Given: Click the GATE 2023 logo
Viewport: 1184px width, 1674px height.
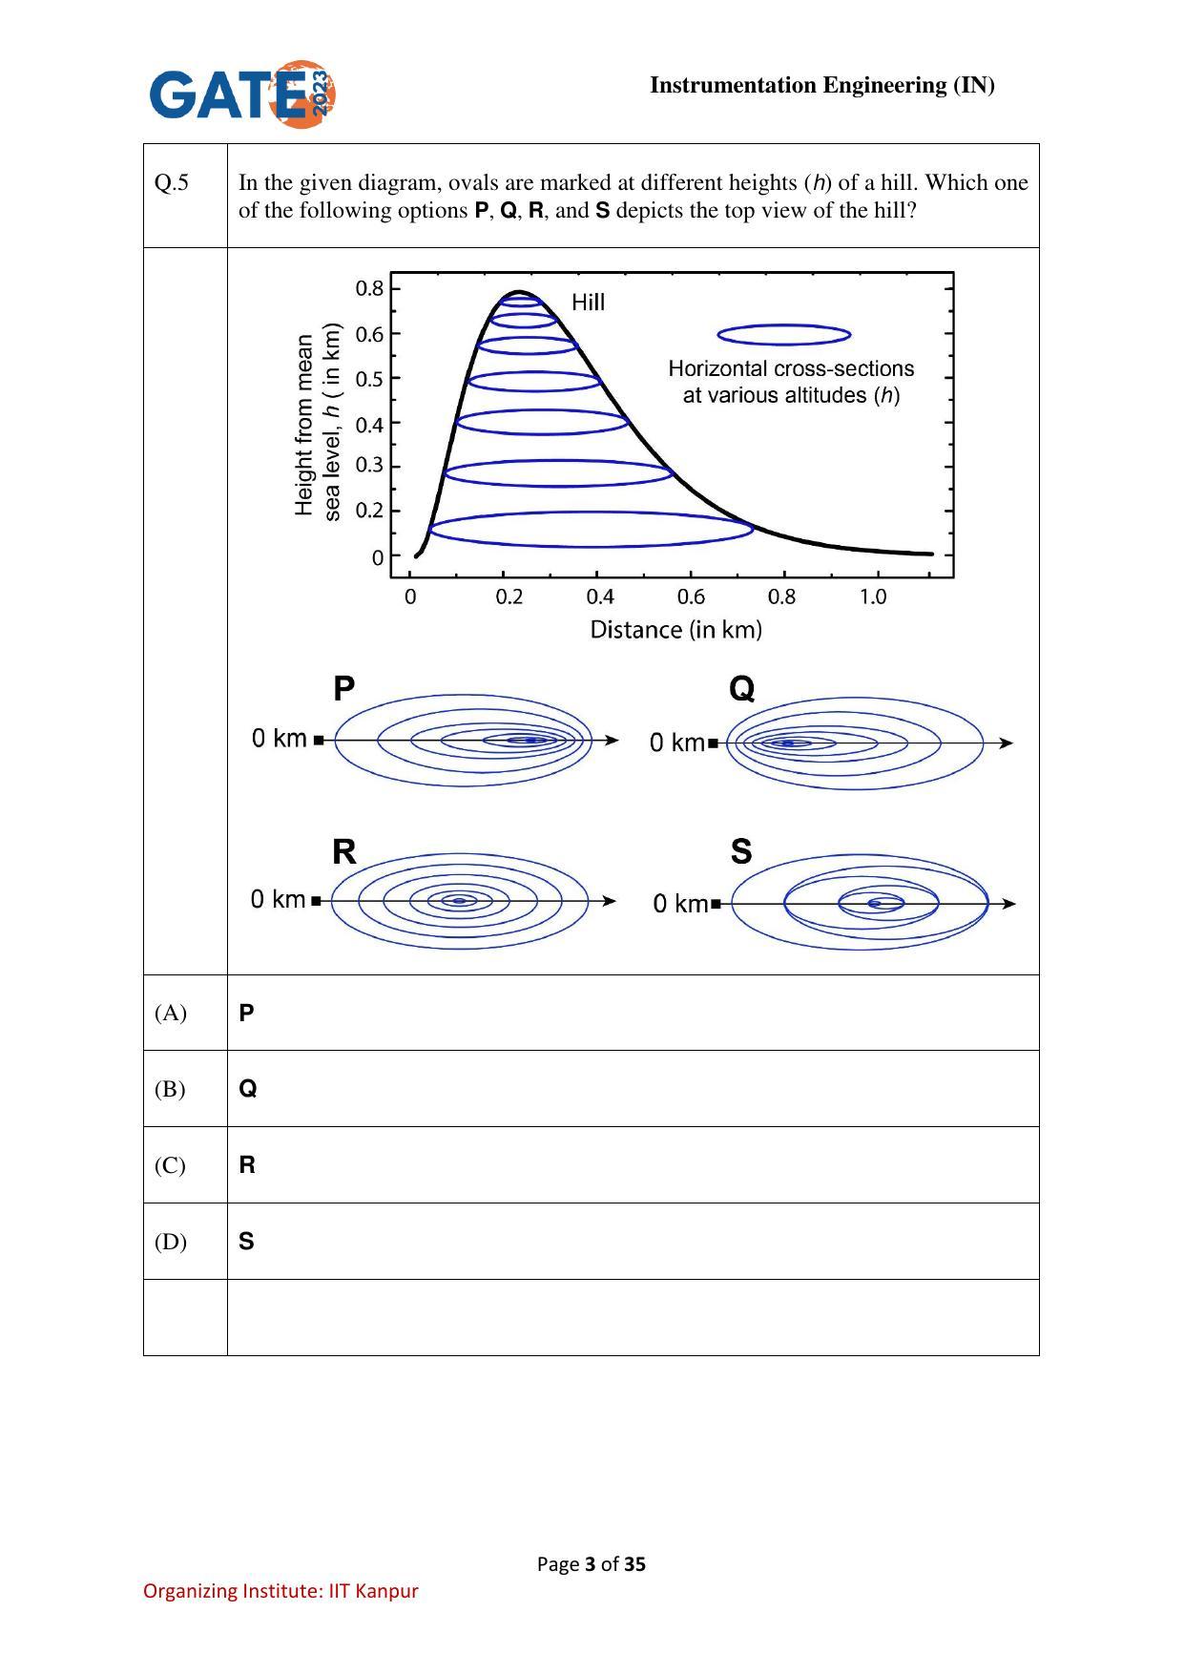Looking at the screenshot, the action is (242, 93).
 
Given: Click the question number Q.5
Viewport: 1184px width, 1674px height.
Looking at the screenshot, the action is (172, 182).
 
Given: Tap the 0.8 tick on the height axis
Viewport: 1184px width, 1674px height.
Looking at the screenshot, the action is (369, 288).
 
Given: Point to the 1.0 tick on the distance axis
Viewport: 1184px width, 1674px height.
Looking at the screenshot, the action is (872, 597).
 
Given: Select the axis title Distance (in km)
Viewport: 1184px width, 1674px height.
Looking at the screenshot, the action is (675, 630).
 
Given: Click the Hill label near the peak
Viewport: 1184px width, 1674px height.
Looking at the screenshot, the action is (588, 303).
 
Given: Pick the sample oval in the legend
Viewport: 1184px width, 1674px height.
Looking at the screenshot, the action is (783, 334).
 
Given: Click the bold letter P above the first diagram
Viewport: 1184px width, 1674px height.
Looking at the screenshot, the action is (344, 688).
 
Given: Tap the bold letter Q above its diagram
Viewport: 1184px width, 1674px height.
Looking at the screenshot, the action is (741, 688).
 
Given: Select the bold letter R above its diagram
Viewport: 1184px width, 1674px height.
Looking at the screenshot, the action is (344, 851).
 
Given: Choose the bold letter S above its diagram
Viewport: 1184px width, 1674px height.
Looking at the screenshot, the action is (741, 851).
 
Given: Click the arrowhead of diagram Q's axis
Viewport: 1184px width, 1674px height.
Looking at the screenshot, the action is (1006, 743).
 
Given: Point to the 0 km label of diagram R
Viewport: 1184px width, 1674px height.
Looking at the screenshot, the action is (279, 899).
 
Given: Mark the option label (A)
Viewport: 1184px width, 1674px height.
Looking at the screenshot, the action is (171, 1013).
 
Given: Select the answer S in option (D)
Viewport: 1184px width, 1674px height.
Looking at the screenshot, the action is (246, 1241).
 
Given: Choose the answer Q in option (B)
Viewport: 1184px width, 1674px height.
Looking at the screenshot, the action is (247, 1089).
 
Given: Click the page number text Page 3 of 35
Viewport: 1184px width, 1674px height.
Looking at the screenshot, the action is (592, 1563).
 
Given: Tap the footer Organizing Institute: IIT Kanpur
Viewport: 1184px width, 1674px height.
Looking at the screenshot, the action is (280, 1590).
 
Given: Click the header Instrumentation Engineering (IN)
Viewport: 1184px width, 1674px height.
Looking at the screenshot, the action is (822, 85).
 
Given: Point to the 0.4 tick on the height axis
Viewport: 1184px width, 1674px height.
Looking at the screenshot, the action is (369, 424).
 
